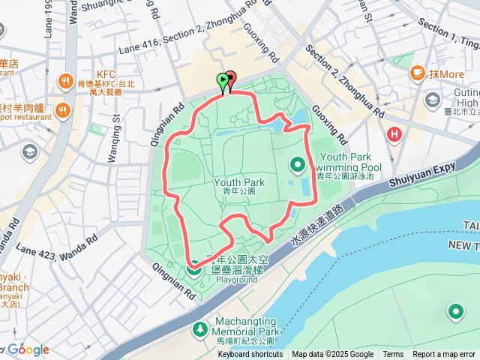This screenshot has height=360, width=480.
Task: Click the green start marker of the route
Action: click(x=223, y=79)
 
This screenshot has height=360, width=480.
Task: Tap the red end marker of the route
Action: click(x=231, y=77)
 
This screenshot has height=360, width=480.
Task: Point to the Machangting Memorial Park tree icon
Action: click(x=199, y=328)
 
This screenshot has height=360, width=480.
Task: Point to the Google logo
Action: click(x=28, y=349)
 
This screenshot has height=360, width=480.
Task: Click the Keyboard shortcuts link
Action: click(x=250, y=355)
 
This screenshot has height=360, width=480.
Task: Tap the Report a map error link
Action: click(x=444, y=355)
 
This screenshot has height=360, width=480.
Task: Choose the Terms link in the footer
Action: click(x=393, y=355)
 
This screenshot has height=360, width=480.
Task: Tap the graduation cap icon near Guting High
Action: click(x=433, y=100)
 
